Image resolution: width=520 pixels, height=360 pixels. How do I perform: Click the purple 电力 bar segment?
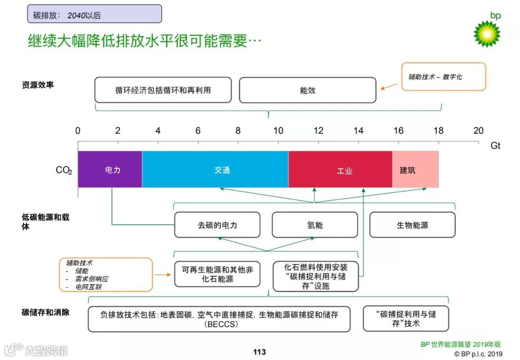pos(110,169)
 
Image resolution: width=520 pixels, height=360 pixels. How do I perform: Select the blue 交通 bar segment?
pos(215,169)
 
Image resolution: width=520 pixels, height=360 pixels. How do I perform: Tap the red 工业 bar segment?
pos(340,169)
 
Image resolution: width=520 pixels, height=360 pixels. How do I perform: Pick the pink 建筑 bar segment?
pos(415,169)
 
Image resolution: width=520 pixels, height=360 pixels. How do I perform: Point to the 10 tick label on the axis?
pos(278,131)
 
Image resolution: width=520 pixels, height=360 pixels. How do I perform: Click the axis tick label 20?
pos(478,131)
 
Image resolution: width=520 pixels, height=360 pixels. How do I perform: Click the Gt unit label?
pos(495,145)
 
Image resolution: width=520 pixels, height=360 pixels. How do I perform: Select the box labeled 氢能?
pos(315,225)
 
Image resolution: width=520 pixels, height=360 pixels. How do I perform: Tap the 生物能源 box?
pos(412,225)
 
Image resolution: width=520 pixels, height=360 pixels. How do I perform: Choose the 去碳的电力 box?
pos(217,225)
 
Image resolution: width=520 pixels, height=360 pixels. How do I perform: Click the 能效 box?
pos(307,90)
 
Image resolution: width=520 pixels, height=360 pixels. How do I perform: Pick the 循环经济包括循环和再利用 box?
pos(163,90)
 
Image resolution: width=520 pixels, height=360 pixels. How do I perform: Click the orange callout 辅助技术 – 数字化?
pos(443,77)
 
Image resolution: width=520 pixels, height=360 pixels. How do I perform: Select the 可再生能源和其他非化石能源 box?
pos(217,274)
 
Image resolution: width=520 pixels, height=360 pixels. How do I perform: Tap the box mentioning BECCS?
pos(219,319)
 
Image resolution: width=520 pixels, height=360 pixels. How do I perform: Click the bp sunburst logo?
pos(487,33)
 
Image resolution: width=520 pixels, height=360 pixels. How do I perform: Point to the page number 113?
pos(260,352)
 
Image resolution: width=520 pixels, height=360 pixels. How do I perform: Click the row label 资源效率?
pos(38,85)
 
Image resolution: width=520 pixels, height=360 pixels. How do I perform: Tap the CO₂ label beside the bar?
pos(64,170)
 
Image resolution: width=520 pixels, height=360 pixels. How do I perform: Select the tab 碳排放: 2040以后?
pos(94,14)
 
